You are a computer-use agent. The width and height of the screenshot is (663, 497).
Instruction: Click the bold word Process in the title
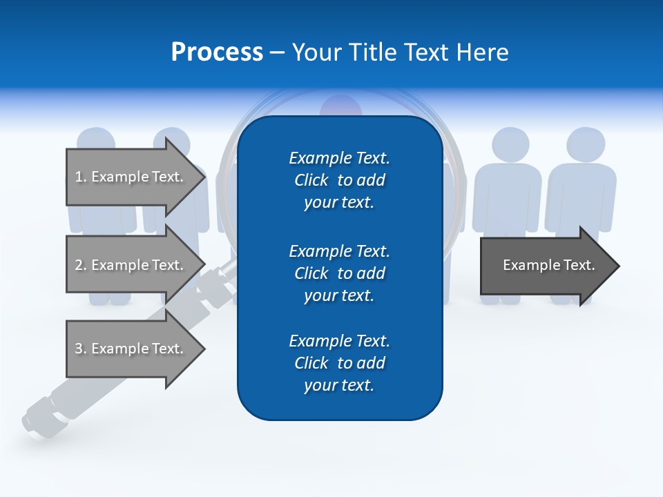tap(217, 52)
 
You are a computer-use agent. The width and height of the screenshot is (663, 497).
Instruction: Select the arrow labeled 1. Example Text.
tap(131, 177)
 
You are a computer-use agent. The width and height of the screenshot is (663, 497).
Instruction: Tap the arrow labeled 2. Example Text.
tap(131, 265)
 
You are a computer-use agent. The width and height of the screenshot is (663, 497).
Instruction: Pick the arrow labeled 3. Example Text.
tap(131, 349)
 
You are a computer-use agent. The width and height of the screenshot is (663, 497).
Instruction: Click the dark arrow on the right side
tap(546, 266)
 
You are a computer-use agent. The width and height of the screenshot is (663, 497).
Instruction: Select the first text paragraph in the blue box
tap(339, 180)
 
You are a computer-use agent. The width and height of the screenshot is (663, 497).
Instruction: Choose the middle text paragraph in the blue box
tap(339, 273)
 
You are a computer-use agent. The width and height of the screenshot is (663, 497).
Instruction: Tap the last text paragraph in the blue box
tap(339, 363)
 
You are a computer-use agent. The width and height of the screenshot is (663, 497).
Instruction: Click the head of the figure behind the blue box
tap(340, 108)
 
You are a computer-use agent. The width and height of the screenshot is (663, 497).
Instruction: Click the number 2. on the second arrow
tap(80, 265)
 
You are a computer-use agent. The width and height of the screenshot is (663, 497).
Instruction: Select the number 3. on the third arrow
tap(80, 349)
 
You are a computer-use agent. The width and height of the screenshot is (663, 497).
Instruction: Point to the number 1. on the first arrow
tap(80, 177)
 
